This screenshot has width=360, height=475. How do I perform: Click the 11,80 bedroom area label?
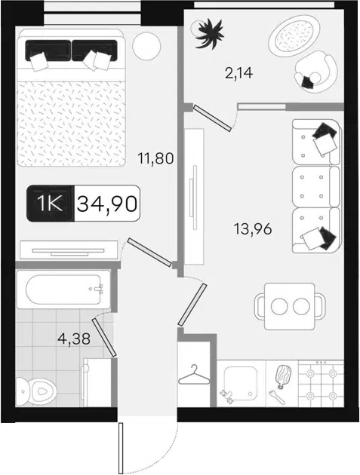(155, 158)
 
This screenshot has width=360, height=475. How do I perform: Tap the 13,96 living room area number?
(253, 228)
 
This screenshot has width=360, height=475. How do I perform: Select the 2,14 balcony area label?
(238, 73)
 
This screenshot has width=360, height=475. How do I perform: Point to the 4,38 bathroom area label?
(74, 339)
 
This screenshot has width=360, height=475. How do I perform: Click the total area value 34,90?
(107, 204)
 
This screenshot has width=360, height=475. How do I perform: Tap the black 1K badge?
(51, 204)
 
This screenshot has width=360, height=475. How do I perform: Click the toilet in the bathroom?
(35, 392)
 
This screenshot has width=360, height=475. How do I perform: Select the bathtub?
(63, 290)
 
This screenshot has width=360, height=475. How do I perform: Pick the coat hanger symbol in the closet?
(194, 375)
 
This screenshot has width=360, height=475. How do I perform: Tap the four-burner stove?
(321, 383)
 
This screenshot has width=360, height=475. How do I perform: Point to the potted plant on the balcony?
(208, 32)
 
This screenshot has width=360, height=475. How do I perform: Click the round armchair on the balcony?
(315, 72)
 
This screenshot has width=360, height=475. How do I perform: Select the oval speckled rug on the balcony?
(294, 35)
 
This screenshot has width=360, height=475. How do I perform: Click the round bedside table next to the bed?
(146, 45)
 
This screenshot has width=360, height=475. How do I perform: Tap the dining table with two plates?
(290, 306)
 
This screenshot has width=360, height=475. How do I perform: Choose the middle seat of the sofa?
(315, 186)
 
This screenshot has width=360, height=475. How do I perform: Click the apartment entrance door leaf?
(121, 448)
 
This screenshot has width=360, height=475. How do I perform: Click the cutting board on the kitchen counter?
(283, 376)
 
